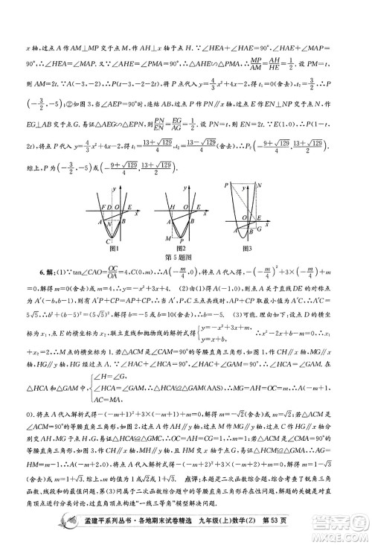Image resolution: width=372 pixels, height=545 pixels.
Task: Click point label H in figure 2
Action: point(171,207)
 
